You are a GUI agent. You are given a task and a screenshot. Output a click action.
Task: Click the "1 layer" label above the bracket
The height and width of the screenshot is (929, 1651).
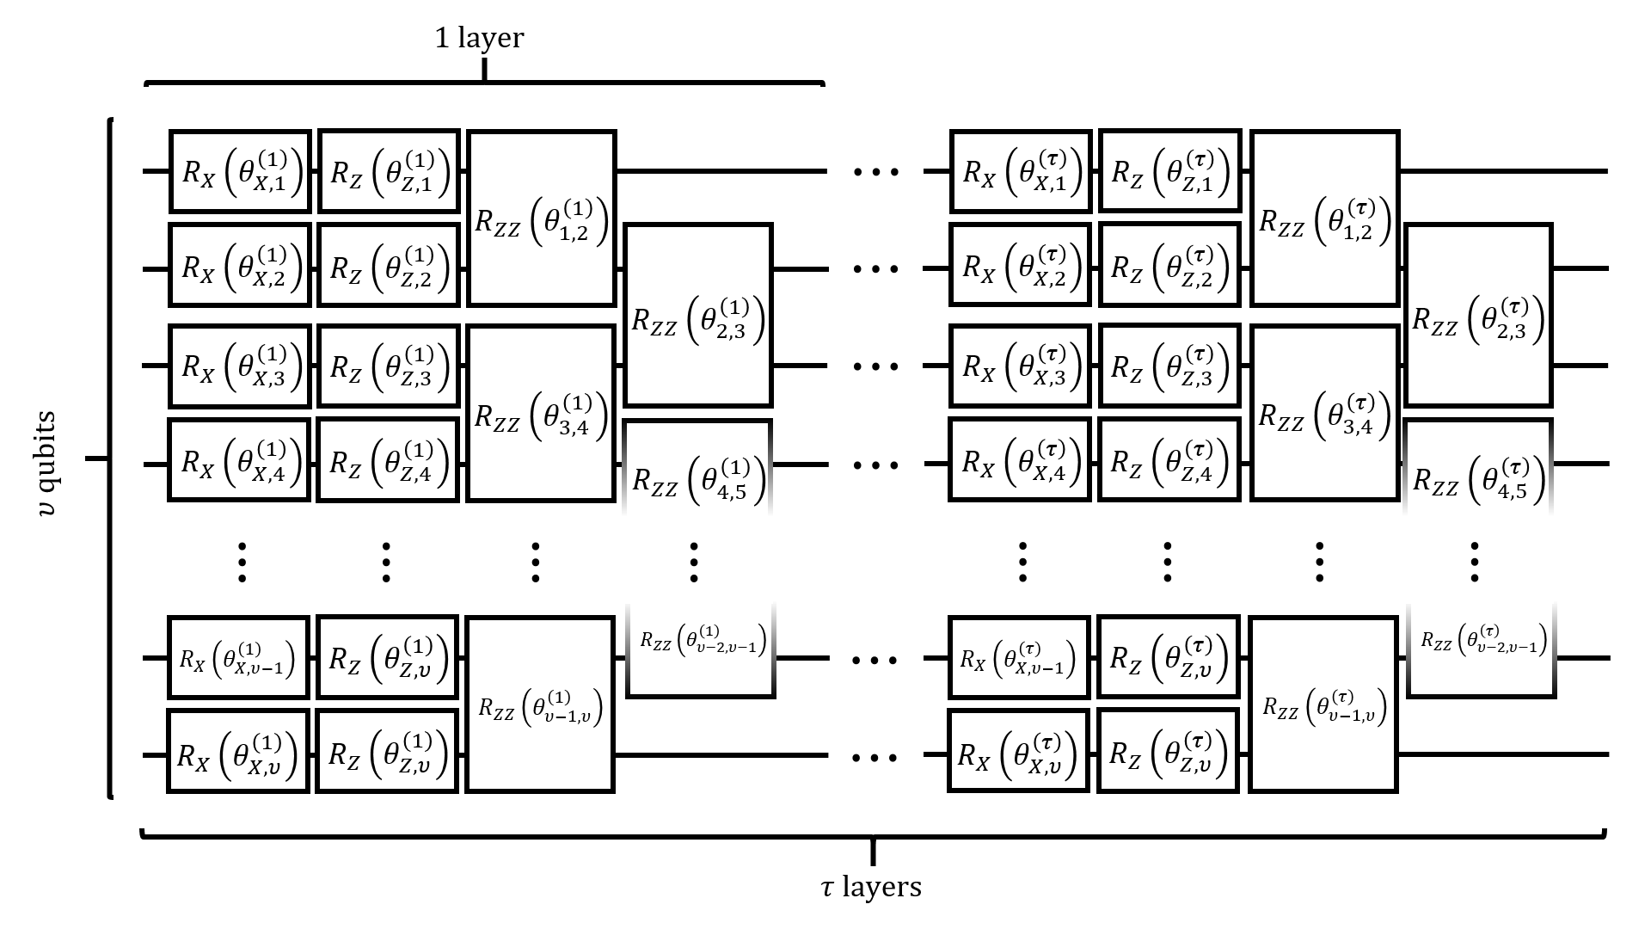pos(479,39)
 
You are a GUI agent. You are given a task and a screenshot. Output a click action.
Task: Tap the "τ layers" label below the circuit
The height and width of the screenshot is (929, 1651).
pos(872,887)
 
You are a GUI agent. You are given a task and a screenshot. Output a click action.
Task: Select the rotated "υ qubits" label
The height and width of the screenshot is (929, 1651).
pos(47,464)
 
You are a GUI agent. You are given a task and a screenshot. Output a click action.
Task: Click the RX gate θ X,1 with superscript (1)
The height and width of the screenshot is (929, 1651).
pos(240,171)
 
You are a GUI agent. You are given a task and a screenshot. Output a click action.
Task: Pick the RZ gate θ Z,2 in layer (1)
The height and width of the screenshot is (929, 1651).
pos(389,265)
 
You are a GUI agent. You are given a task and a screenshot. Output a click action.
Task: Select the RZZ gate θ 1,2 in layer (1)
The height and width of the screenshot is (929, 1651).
pos(542,218)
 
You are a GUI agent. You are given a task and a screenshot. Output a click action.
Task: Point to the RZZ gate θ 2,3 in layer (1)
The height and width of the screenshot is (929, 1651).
pos(698,315)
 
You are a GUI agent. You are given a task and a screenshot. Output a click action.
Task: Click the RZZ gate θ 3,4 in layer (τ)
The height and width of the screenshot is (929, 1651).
pos(1324,413)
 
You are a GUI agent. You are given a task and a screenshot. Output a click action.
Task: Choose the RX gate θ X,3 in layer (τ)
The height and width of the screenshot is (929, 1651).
pos(1021,365)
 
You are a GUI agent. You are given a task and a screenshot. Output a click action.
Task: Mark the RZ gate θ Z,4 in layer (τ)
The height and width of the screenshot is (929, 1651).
pos(1169,459)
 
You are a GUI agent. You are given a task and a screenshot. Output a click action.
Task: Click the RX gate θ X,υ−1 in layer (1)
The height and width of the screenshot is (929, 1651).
pos(238,658)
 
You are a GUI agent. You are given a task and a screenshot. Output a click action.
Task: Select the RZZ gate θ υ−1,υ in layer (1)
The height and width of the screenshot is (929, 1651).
pos(540,704)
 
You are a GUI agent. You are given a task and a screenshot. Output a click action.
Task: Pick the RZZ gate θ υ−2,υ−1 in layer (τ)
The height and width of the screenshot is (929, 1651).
pos(1481,647)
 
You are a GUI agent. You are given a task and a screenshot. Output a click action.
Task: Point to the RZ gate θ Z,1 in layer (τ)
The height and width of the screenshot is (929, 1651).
pos(1169,170)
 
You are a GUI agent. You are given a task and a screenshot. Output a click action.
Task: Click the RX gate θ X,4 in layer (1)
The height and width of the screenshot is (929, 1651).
pos(238,459)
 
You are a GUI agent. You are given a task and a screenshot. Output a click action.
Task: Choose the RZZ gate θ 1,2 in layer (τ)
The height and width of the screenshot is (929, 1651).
pos(1324,218)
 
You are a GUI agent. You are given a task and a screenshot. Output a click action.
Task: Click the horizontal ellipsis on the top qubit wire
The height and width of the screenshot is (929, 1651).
pos(875,171)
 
